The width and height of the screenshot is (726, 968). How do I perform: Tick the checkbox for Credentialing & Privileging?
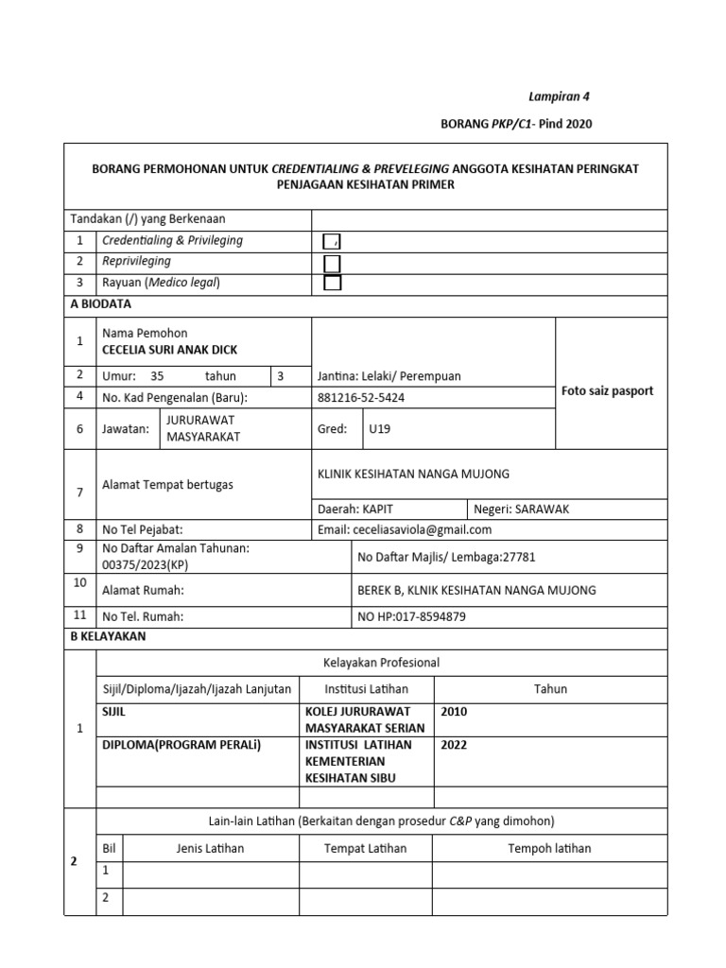(x=332, y=242)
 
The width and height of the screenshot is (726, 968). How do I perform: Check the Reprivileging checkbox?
(x=332, y=263)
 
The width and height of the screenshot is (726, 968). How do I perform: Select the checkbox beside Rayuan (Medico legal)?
(x=332, y=283)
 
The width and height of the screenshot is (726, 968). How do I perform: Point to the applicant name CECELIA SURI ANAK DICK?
(x=170, y=350)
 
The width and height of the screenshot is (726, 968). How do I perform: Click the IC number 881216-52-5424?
(x=361, y=398)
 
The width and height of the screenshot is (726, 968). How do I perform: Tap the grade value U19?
(x=379, y=428)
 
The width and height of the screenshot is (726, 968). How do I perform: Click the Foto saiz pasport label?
(x=607, y=390)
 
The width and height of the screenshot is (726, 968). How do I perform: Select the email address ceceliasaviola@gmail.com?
(x=422, y=529)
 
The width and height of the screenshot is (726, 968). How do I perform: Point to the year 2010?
(x=454, y=711)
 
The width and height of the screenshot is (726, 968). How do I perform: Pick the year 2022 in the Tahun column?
(x=454, y=744)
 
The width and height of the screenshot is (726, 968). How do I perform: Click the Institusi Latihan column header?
(x=366, y=689)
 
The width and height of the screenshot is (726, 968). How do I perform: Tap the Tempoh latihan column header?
(x=549, y=848)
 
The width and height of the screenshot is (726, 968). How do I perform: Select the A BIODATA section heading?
(x=101, y=304)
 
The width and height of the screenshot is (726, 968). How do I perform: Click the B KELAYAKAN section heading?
(x=109, y=636)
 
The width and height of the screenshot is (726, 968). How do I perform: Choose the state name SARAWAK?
(x=535, y=509)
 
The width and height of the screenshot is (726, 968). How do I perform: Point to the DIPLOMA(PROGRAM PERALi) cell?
(x=181, y=744)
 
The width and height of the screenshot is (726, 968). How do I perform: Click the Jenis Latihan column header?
(x=210, y=848)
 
